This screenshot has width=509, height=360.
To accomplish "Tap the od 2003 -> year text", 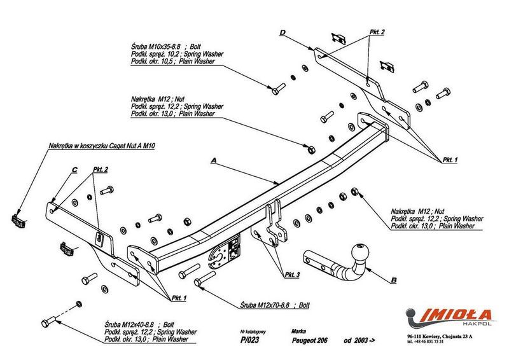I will [x=359, y=340].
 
